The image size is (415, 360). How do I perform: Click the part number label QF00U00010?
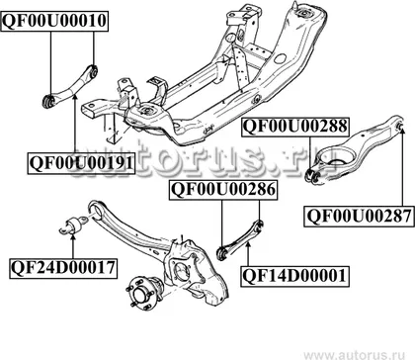tap(54, 21)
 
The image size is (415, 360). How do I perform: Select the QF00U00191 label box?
tap(81, 163)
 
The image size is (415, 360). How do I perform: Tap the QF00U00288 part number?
tap(295, 127)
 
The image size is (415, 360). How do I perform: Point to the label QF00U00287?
tap(359, 217)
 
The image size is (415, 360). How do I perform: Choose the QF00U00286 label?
tap(223, 190)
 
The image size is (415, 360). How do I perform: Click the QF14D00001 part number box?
tap(294, 276)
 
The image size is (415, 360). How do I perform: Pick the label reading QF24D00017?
tap(63, 268)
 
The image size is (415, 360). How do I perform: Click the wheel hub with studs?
tap(144, 292)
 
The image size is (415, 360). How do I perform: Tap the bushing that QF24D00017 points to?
tap(73, 225)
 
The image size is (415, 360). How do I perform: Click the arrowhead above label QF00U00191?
tap(75, 97)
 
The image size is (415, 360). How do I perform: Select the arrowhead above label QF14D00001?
tap(248, 244)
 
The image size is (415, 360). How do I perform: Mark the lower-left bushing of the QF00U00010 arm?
tap(49, 100)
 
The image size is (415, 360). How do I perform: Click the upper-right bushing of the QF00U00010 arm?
tap(94, 70)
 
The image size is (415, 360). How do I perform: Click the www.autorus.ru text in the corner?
tap(359, 354)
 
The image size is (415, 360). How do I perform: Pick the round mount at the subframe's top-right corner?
tap(303, 14)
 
